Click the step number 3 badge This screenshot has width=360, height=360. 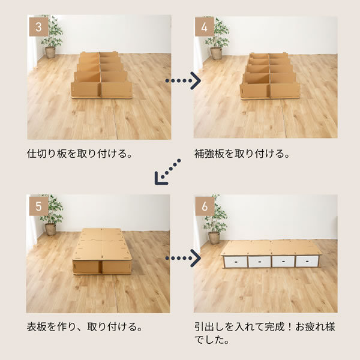tap(38, 27)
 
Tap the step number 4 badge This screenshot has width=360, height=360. tap(205, 27)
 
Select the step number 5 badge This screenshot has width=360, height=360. tap(38, 206)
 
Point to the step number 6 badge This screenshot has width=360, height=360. tap(205, 206)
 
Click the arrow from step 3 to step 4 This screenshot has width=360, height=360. tap(183, 80)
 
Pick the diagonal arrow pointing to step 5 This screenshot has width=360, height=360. tap(167, 172)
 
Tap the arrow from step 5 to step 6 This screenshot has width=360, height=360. tap(183, 258)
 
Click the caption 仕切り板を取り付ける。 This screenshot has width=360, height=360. tap(80, 154)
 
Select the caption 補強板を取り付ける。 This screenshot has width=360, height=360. tap(242, 154)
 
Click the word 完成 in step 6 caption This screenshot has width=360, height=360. tap(274, 326)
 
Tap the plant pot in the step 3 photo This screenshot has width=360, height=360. tap(50, 52)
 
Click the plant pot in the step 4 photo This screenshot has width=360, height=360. tap(216, 53)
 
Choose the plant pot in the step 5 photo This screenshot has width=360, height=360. tap(50, 229)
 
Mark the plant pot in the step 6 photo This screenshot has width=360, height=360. tap(214, 238)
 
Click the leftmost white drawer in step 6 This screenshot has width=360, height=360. tap(235, 262)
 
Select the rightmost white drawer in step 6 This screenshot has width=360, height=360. tap(307, 261)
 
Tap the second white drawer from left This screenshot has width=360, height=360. tap(259, 262)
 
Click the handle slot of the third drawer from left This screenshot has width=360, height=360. tap(283, 262)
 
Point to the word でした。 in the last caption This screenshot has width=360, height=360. tap(212, 340)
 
